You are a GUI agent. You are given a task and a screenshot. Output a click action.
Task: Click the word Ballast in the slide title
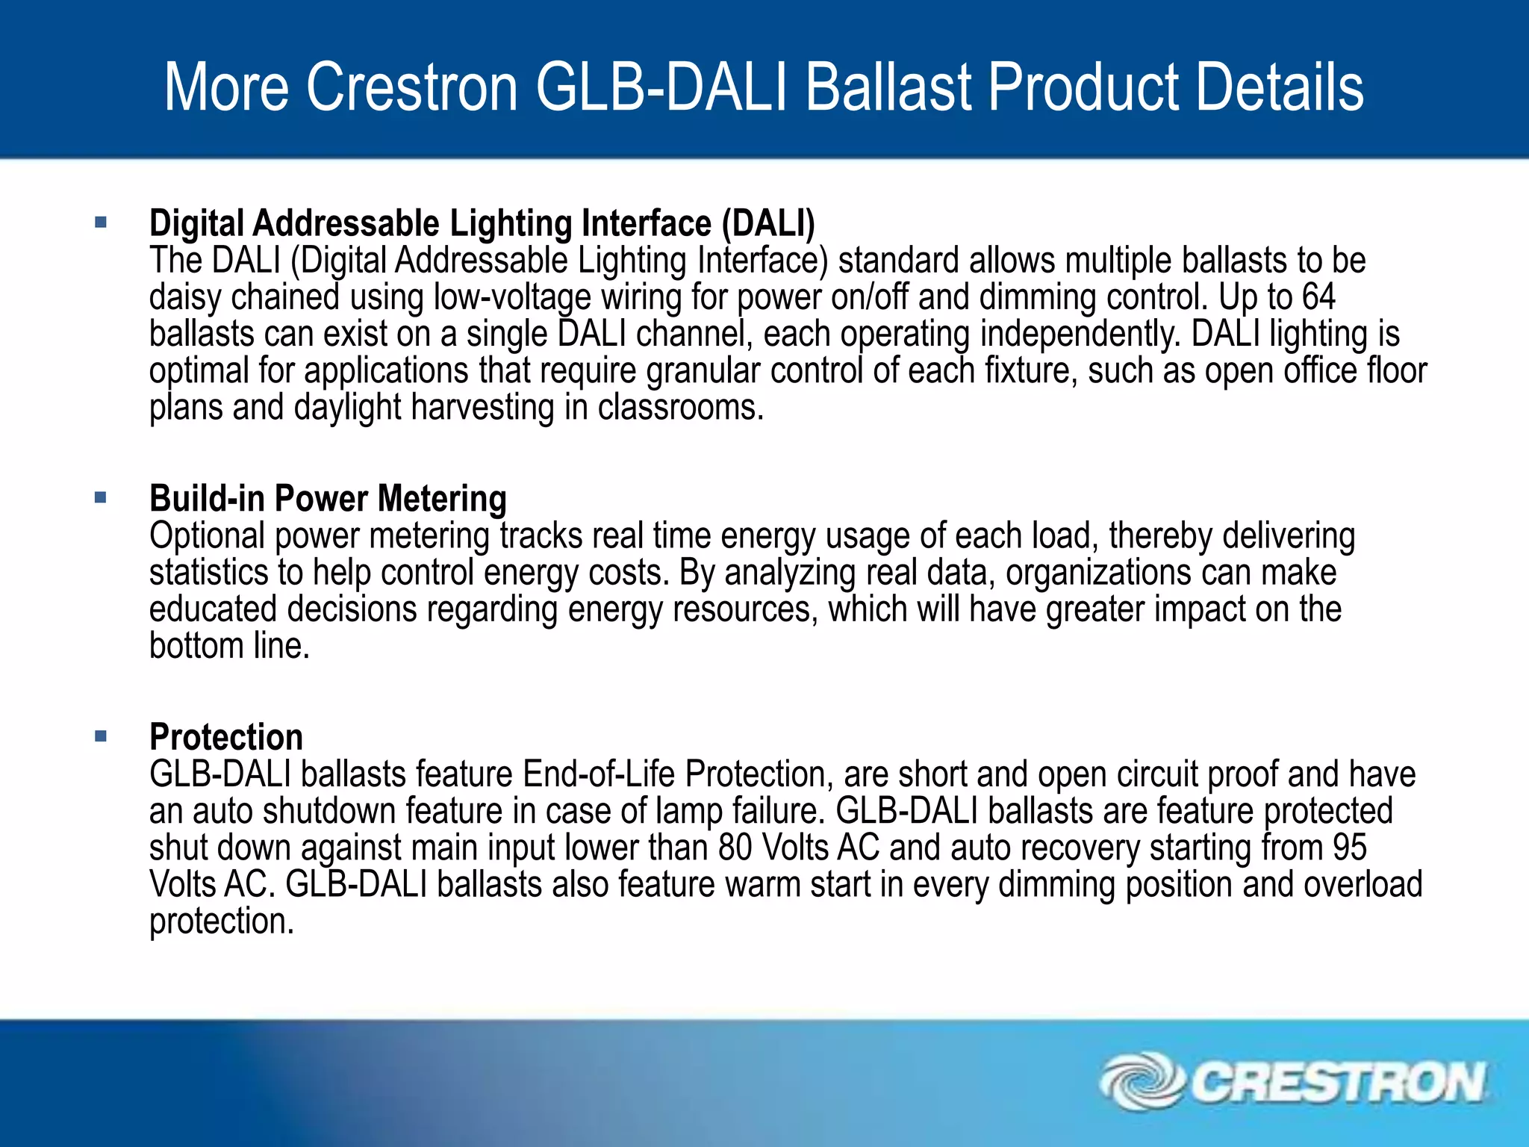pos(888,87)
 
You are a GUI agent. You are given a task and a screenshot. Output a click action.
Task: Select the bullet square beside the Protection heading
pos(102,736)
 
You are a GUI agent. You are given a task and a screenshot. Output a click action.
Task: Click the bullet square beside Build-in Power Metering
pos(102,497)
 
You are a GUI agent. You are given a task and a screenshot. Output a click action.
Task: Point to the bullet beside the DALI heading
pos(102,222)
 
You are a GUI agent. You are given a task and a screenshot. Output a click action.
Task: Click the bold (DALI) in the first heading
pos(768,223)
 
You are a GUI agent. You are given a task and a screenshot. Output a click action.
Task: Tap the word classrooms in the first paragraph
pos(680,408)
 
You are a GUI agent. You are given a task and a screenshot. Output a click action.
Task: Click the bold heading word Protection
pos(226,738)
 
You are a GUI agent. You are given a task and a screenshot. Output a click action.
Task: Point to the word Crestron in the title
pos(412,87)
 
